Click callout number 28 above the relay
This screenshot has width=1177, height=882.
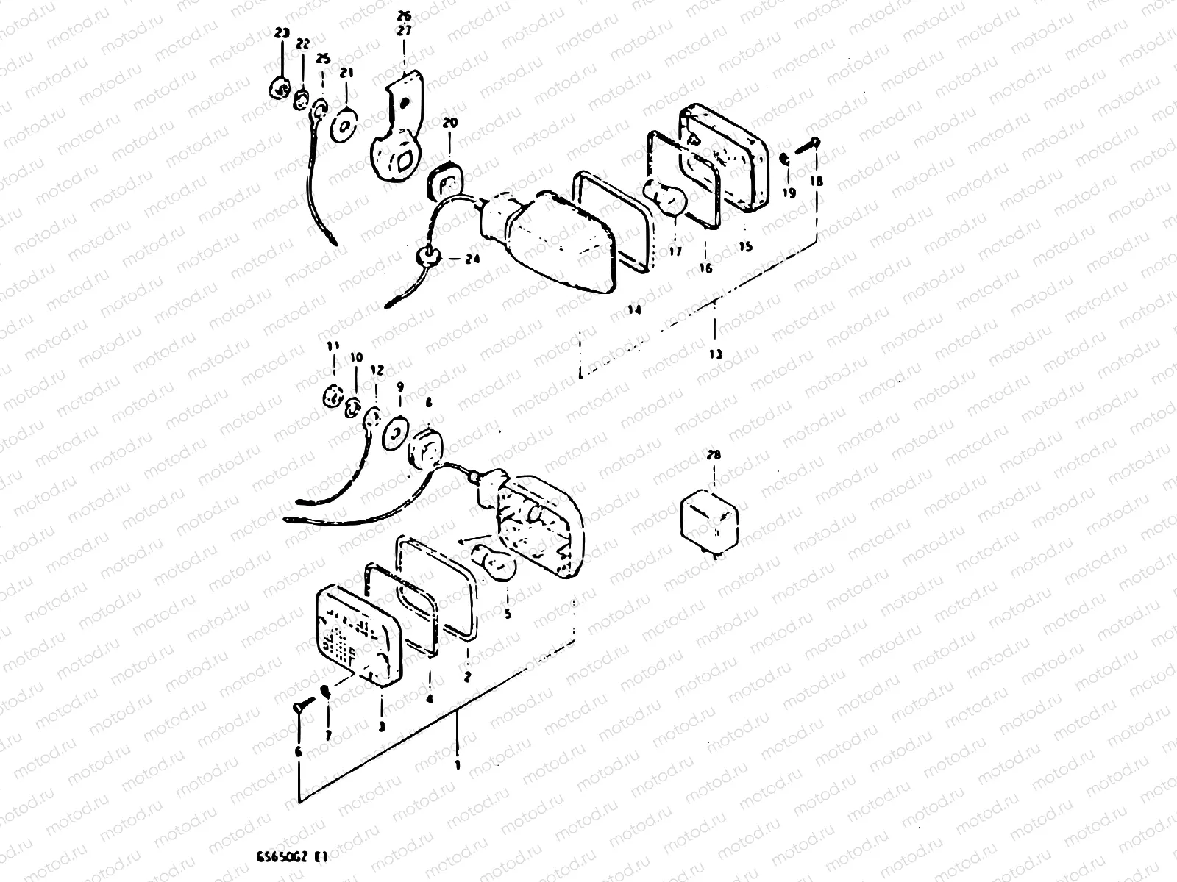712,455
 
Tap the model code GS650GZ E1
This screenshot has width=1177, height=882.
291,856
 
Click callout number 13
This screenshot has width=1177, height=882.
716,354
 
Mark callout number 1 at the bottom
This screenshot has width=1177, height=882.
457,764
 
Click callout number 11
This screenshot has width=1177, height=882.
333,345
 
